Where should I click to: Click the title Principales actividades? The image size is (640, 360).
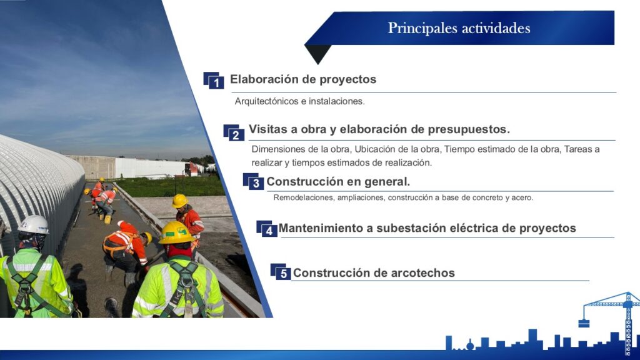tap(459, 28)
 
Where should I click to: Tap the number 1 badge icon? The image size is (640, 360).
tap(214, 81)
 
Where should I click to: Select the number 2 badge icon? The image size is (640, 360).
tap(234, 132)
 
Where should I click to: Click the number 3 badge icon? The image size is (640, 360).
tap(253, 181)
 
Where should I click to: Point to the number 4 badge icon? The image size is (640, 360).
tap(266, 229)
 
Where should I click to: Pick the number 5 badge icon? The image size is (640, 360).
tap(281, 272)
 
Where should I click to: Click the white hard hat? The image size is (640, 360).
tap(34, 225)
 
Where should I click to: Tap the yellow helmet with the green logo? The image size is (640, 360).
tap(176, 232)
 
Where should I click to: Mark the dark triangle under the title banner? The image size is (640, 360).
tap(318, 54)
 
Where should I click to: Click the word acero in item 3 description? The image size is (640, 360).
tap(522, 198)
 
